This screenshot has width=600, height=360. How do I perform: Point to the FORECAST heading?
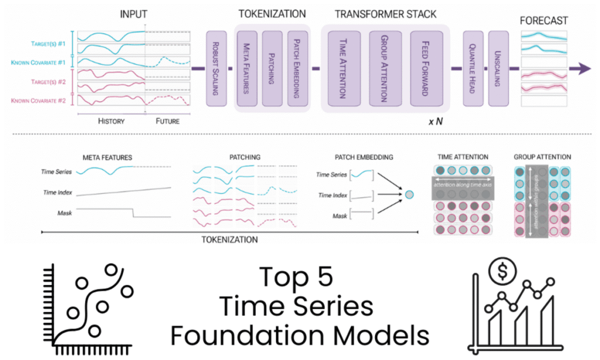coord(543,21)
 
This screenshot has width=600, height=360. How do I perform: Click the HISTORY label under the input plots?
coord(111,121)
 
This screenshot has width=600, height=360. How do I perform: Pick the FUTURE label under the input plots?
coord(167,121)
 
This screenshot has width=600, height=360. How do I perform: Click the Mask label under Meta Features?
coord(64,213)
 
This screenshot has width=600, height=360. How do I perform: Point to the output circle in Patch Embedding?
coord(409,194)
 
